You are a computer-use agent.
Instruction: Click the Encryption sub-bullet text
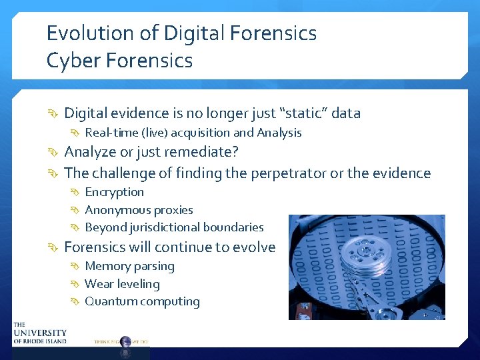(x=114, y=192)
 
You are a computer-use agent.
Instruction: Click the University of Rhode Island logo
(x=40, y=332)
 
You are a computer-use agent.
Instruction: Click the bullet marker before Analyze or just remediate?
(x=55, y=153)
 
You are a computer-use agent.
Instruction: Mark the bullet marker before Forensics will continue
(x=55, y=248)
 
